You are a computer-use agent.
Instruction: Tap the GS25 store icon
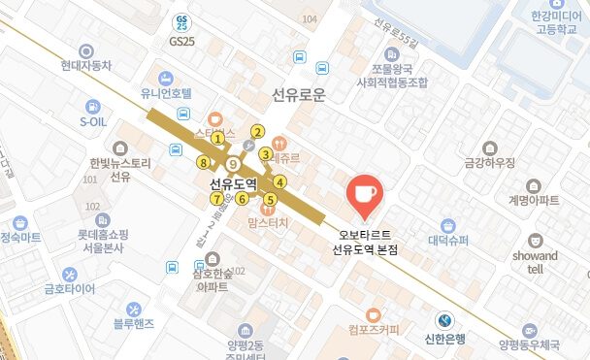click(181, 22)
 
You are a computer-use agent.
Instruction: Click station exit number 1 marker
click(218, 139)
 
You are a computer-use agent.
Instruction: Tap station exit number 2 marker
click(257, 132)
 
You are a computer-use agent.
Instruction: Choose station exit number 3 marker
click(264, 152)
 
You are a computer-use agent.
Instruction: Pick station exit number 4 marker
click(279, 181)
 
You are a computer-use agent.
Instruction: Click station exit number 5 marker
click(270, 200)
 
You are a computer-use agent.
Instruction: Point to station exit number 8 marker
click(202, 162)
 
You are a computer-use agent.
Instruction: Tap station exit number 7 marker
click(215, 199)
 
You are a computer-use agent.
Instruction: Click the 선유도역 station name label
click(232, 182)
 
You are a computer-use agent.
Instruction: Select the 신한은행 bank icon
click(443, 319)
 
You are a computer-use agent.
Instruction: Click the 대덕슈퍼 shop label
click(448, 240)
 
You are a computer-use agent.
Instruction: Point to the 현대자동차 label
click(86, 66)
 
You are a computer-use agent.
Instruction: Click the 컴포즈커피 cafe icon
click(374, 314)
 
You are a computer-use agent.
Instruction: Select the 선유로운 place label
click(298, 95)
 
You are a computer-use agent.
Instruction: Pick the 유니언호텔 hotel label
click(167, 94)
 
